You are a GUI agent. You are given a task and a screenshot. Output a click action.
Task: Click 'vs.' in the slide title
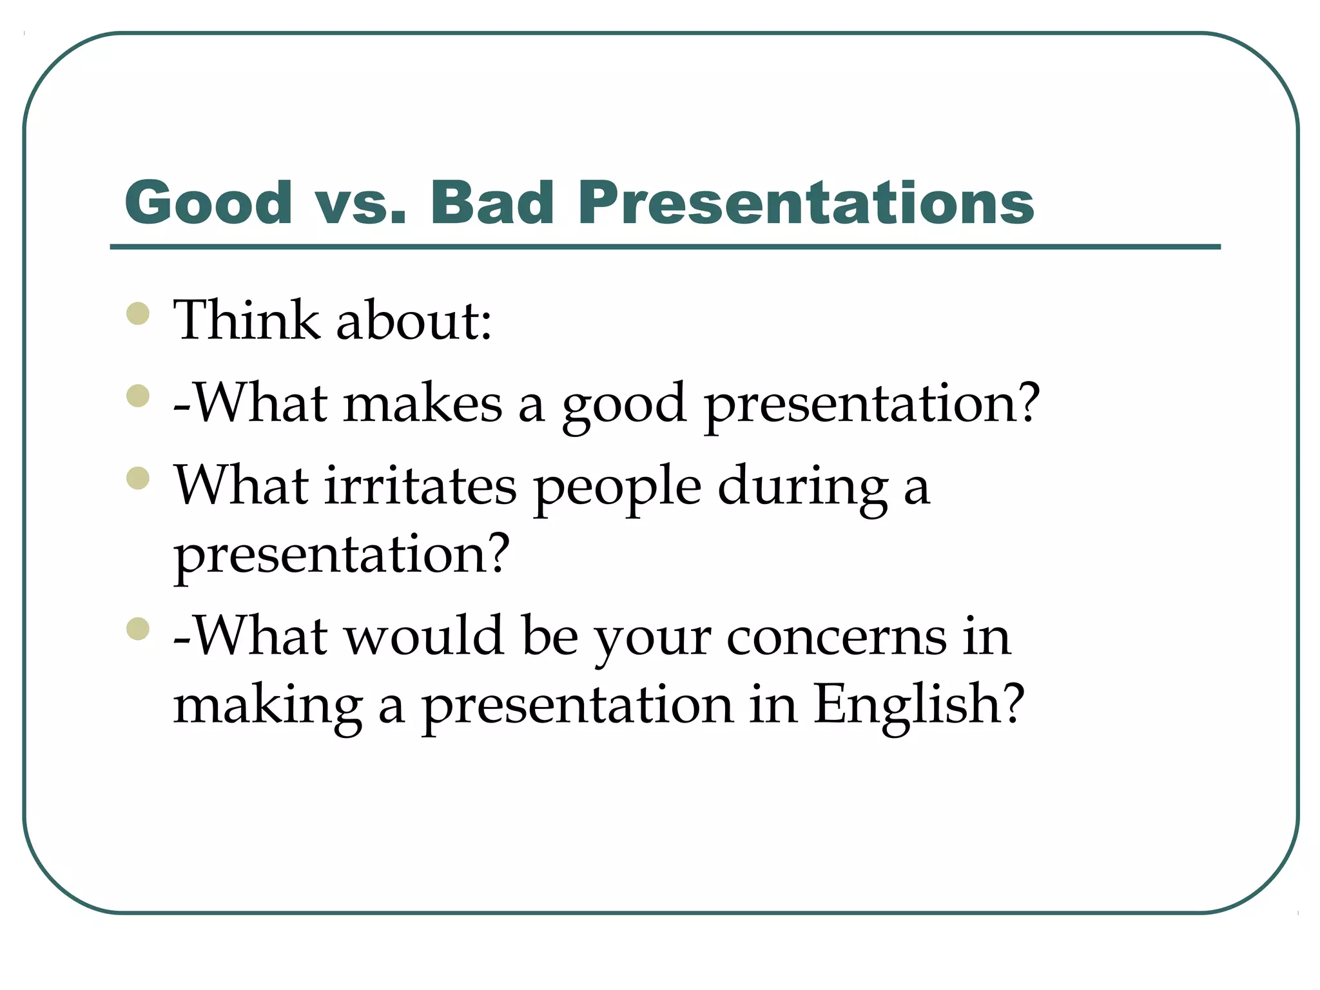point(361,204)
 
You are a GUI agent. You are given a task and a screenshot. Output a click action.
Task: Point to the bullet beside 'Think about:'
point(138,314)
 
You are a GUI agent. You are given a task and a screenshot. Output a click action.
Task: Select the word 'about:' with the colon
point(414,320)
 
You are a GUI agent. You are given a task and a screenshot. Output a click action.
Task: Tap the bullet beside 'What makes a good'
point(138,396)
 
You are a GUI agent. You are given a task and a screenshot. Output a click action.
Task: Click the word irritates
point(420,485)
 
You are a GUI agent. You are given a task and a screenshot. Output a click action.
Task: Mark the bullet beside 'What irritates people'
point(138,478)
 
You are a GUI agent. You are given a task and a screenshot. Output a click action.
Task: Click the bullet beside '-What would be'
point(138,628)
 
